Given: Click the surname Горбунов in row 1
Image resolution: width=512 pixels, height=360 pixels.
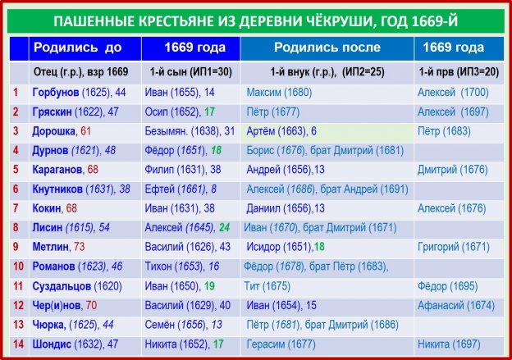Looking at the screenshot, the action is pyautogui.click(x=56, y=93).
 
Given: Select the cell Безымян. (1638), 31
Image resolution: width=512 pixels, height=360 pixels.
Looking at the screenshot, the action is pyautogui.click(x=190, y=131).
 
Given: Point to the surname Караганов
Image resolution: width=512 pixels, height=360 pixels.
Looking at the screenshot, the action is pyautogui.click(x=57, y=170).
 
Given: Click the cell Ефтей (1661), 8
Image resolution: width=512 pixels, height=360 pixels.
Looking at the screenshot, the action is pyautogui.click(x=181, y=189).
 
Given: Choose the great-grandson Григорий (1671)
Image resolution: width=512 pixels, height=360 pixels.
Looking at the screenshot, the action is pyautogui.click(x=454, y=247).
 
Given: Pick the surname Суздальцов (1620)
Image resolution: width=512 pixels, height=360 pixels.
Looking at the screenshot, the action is pyautogui.click(x=77, y=286).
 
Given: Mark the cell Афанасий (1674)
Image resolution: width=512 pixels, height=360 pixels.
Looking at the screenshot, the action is pyautogui.click(x=456, y=306).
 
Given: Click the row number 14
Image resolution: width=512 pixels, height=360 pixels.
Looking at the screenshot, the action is pyautogui.click(x=18, y=344).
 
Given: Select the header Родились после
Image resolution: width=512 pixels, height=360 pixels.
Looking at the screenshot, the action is pyautogui.click(x=327, y=48).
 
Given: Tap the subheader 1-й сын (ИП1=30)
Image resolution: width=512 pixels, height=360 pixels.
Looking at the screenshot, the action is pyautogui.click(x=190, y=72).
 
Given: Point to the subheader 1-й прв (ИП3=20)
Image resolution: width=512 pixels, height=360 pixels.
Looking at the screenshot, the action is pyautogui.click(x=459, y=72).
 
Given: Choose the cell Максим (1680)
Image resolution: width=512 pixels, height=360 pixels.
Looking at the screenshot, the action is pyautogui.click(x=279, y=93).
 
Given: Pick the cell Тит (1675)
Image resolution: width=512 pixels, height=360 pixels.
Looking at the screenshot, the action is pyautogui.click(x=267, y=286).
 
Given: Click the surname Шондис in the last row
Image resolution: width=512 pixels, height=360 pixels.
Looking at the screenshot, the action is pyautogui.click(x=52, y=344).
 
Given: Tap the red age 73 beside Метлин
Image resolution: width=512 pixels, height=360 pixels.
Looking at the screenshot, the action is pyautogui.click(x=80, y=247).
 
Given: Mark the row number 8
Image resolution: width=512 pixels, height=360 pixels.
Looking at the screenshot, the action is pyautogui.click(x=16, y=227).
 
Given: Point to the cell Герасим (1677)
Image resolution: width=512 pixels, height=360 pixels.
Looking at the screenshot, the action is pyautogui.click(x=281, y=344).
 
